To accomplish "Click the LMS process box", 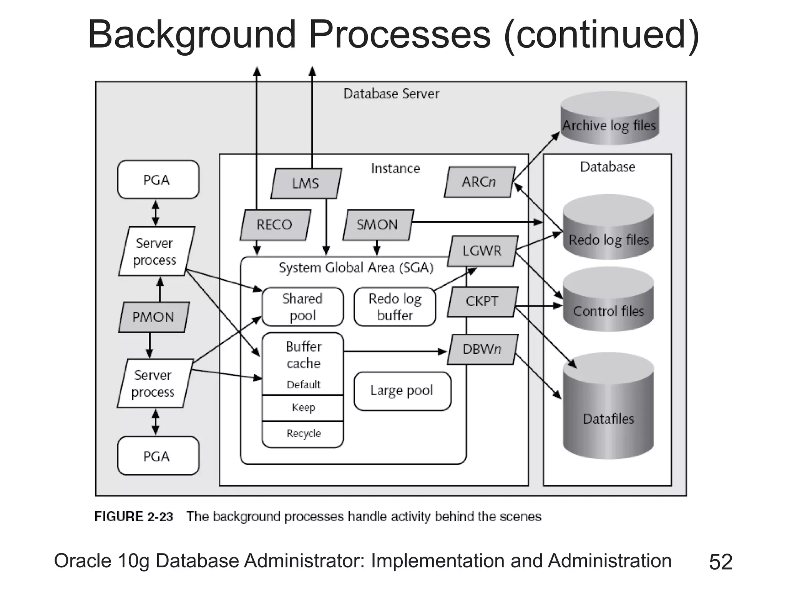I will (x=306, y=184).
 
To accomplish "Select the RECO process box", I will (x=275, y=225).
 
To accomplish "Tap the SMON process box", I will (x=378, y=225).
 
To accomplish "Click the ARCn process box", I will (x=479, y=182).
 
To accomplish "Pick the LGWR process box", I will (x=482, y=251).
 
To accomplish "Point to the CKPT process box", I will (x=482, y=302).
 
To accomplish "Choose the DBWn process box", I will (x=482, y=349).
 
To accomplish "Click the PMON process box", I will (x=153, y=317).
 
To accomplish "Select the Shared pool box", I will (x=302, y=307).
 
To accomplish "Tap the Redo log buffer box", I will (x=395, y=307).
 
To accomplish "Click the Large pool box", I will (x=402, y=391).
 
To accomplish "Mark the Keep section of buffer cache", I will (x=303, y=408).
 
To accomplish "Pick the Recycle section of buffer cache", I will (x=303, y=434).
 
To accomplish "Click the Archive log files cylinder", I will (x=609, y=119).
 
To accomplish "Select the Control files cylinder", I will (x=608, y=303).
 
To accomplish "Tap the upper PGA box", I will (x=158, y=179).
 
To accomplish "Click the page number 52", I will (x=721, y=562).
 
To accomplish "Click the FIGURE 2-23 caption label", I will (x=134, y=517).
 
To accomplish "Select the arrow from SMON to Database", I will (x=477, y=222).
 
